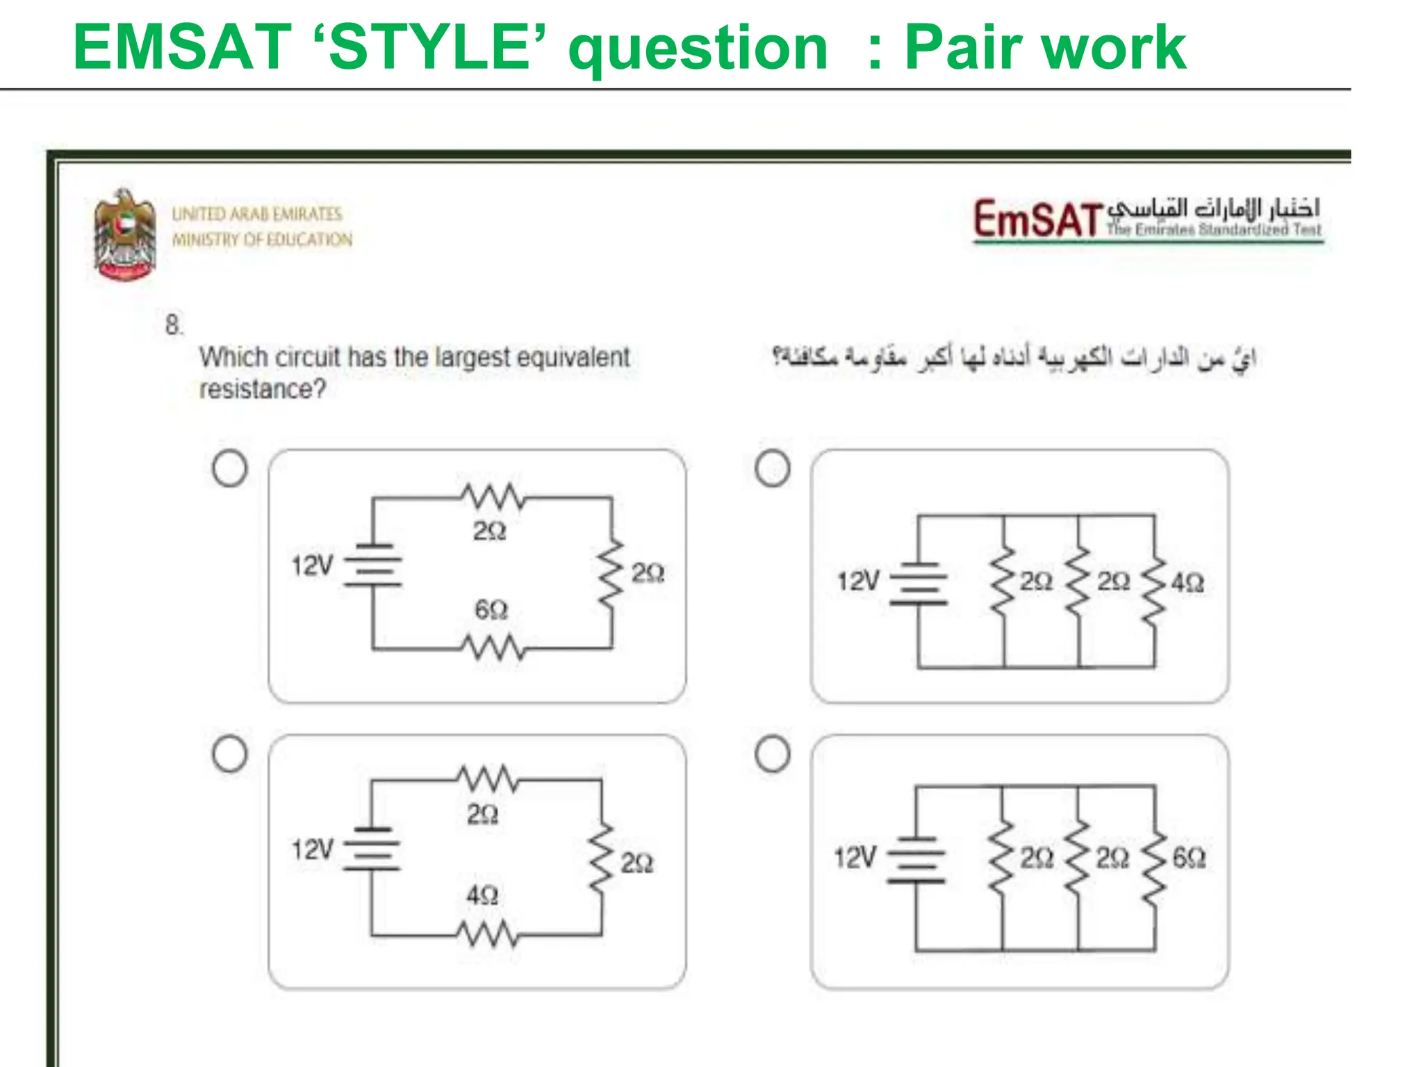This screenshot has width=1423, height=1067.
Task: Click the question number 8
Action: [x=173, y=324]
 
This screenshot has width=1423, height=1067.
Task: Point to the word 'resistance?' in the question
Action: [x=262, y=389]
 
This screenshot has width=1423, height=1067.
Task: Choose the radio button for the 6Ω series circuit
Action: [x=230, y=468]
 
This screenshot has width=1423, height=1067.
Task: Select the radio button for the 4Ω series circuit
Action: [x=230, y=754]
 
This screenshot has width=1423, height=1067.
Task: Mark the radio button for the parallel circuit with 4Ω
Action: [x=772, y=468]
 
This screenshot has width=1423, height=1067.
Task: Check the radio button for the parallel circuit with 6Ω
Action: [x=772, y=754]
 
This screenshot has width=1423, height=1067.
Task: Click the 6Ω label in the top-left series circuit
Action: [x=491, y=610]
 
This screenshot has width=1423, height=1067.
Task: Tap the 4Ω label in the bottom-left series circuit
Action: [x=482, y=895]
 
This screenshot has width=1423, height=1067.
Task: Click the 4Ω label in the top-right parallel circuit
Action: [x=1187, y=582]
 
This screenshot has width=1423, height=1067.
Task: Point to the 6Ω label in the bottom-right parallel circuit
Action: [x=1188, y=857]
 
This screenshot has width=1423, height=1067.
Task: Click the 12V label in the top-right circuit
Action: [x=858, y=581]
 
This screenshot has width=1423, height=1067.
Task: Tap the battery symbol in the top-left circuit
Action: [x=373, y=565]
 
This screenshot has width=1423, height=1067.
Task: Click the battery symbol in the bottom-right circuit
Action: [x=916, y=859]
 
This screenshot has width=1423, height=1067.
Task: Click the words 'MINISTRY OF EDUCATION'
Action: [x=262, y=240]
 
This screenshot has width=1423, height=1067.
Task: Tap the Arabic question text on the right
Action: [x=1014, y=358]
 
